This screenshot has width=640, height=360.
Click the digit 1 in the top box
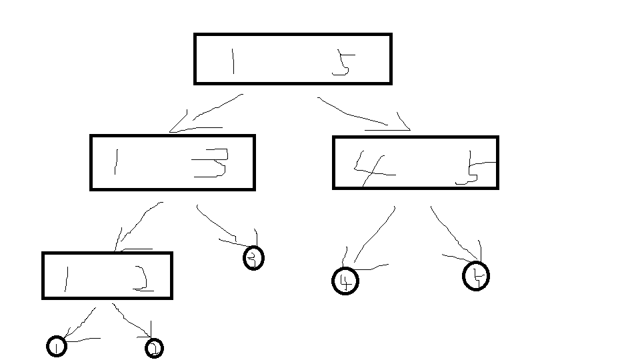point(233,61)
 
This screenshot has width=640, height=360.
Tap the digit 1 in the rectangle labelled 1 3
point(116,162)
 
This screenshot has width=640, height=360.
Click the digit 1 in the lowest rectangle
point(66,278)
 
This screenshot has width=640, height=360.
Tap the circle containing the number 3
point(253,258)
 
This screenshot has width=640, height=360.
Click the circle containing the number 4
point(345,281)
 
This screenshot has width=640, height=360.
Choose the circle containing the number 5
point(476,275)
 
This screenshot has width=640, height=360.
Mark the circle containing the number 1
point(57,346)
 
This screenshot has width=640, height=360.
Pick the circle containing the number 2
point(154,348)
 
